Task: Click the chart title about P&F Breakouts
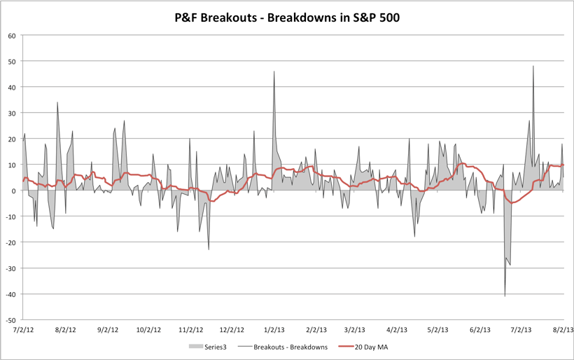[287, 17]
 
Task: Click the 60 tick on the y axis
[12, 36]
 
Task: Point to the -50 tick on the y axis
[10, 319]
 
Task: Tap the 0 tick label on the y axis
[14, 191]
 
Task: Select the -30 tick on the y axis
[10, 268]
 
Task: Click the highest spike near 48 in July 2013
[533, 67]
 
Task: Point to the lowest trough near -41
[505, 296]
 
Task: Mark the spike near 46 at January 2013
[274, 72]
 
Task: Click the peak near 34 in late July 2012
[57, 103]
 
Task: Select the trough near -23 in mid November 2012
[209, 249]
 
